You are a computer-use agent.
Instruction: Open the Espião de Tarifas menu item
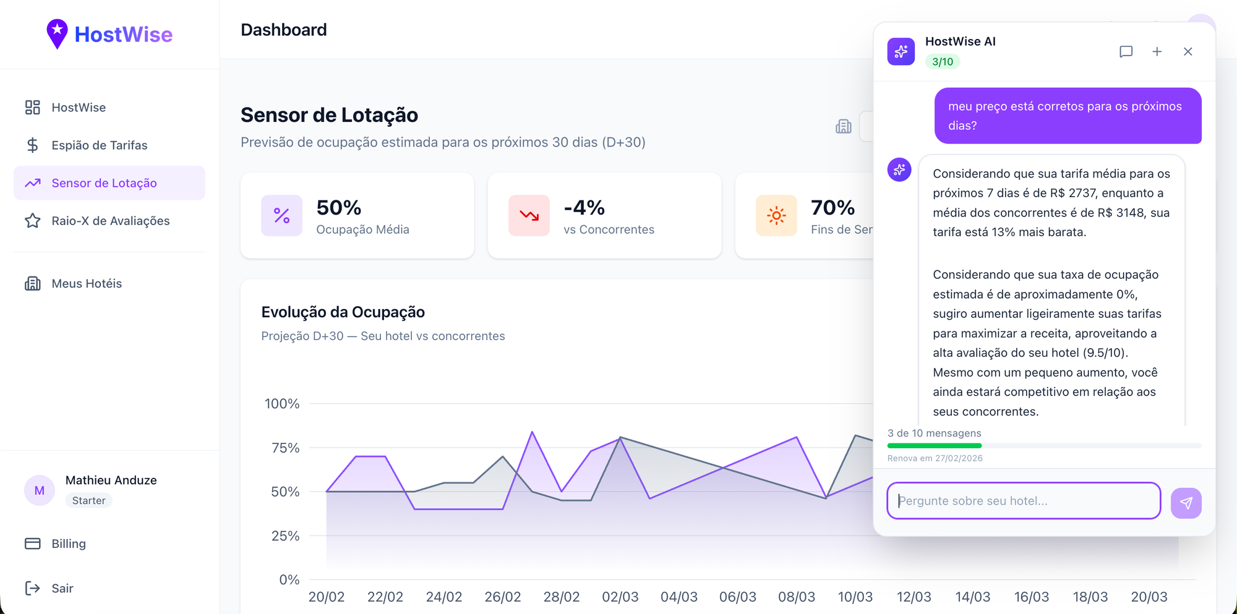pos(99,145)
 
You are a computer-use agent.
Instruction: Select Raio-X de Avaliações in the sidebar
pos(110,221)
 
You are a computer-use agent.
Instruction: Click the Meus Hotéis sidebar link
pos(87,284)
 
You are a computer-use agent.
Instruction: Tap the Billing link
pos(68,544)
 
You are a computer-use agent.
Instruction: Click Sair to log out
pos(62,589)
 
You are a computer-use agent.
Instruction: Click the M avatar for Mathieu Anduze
pos(40,491)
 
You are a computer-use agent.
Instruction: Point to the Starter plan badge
pos(88,501)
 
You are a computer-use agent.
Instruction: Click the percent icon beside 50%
pos(281,216)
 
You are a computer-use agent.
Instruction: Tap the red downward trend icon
pos(529,216)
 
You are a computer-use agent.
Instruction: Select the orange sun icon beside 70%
pos(776,216)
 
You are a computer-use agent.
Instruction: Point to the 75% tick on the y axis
pos(285,448)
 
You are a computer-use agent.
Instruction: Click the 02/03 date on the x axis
pos(620,597)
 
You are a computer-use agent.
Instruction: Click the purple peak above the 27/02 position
pos(532,432)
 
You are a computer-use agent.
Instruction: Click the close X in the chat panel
pos(1188,52)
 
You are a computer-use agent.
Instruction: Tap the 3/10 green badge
pos(942,62)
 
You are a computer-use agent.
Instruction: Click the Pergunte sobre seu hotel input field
pos(1023,501)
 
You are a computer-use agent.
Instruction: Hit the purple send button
pos(1186,503)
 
